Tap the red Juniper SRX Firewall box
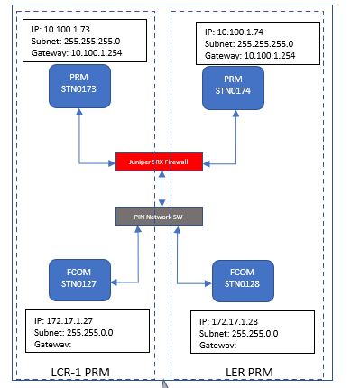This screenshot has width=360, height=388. pos(161,162)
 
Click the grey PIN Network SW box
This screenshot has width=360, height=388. pos(161,216)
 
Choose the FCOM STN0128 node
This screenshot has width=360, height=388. pos(242,280)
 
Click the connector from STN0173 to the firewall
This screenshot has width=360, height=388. pos(79,144)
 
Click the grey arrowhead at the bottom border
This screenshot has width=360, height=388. pos(164,383)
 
